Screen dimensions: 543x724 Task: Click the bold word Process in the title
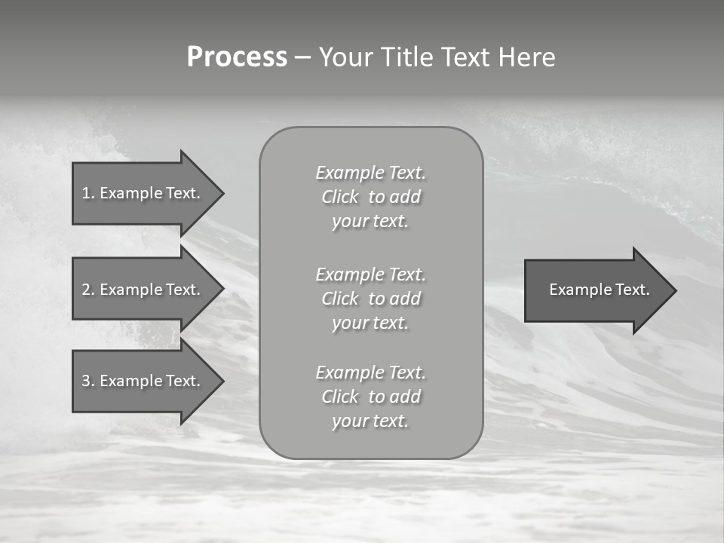pyautogui.click(x=237, y=57)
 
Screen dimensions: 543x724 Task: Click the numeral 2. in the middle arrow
pyautogui.click(x=88, y=290)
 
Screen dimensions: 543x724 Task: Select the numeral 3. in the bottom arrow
pyautogui.click(x=88, y=381)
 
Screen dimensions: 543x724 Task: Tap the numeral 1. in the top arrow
pyautogui.click(x=88, y=193)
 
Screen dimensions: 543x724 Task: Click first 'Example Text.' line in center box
pyautogui.click(x=370, y=173)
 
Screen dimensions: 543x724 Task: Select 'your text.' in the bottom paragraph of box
pyautogui.click(x=370, y=421)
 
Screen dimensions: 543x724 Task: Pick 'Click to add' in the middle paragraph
pyautogui.click(x=370, y=299)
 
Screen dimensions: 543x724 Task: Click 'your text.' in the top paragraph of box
pyautogui.click(x=370, y=222)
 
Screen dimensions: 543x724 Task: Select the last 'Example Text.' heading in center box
pyautogui.click(x=370, y=373)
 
